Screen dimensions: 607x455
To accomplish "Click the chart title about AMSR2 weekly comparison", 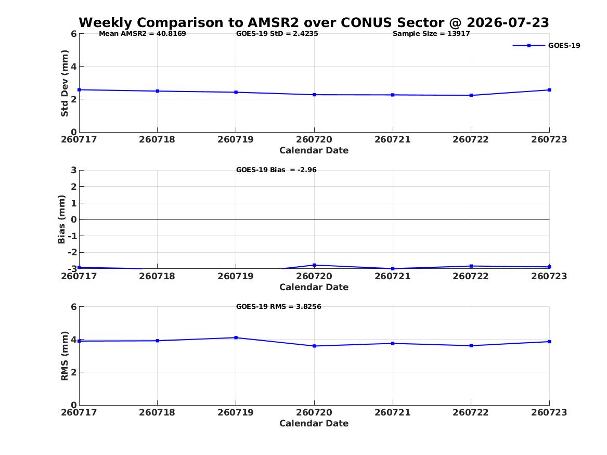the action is click(x=314, y=22).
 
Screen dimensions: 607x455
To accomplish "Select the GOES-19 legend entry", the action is click(x=547, y=45).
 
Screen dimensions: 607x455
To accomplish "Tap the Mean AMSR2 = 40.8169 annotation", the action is click(x=143, y=34).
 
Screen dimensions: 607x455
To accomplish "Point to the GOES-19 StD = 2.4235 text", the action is click(x=277, y=34).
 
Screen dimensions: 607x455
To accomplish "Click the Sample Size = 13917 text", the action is click(x=431, y=34).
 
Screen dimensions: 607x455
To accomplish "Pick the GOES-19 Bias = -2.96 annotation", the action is click(x=276, y=170).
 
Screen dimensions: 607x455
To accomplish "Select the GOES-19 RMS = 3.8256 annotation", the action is click(x=279, y=306).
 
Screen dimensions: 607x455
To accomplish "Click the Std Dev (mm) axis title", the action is click(x=64, y=83).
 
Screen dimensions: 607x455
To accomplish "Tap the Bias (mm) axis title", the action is click(x=61, y=219).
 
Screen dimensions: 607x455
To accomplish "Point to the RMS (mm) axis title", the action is click(x=64, y=356).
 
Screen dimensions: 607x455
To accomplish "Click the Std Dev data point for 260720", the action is click(x=314, y=95).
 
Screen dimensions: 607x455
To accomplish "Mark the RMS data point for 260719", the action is click(x=236, y=338).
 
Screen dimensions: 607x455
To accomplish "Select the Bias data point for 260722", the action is click(x=471, y=266).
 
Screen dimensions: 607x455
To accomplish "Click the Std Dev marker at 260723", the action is click(x=549, y=90).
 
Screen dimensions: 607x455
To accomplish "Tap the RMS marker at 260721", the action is click(x=393, y=344).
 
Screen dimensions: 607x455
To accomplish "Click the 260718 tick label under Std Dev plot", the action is click(x=157, y=140).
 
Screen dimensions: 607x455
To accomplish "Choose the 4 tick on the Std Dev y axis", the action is click(x=73, y=67).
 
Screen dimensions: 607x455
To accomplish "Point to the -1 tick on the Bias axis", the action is click(x=72, y=236).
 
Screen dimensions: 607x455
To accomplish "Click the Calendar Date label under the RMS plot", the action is click(x=314, y=424).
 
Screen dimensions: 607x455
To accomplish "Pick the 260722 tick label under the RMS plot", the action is click(x=471, y=412).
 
